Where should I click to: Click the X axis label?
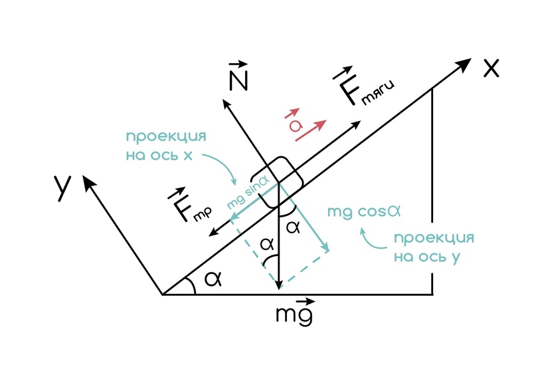pos(491,67)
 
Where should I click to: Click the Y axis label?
pos(63,188)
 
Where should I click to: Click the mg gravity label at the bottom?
pos(294,311)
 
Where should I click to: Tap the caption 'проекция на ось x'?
pos(165,146)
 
